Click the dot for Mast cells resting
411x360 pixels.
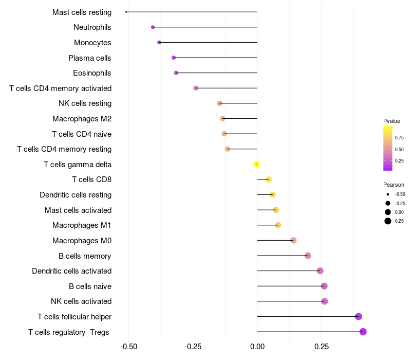coord(126,12)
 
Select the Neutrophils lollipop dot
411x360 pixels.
coord(153,27)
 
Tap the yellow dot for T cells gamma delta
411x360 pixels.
coord(257,165)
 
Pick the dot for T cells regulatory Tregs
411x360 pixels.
coord(363,332)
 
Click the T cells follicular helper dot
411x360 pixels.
coord(359,317)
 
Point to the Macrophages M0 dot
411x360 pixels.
coord(293,240)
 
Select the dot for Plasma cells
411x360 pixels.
coord(174,58)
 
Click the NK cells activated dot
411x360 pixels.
coord(324,301)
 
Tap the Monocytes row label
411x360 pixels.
coord(92,43)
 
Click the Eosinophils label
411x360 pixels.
coord(92,73)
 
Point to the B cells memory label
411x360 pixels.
coord(85,256)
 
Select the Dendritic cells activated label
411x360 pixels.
coord(71,271)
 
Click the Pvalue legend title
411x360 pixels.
coord(391,121)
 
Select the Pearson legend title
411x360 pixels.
coord(394,185)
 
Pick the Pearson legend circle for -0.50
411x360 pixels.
coord(388,194)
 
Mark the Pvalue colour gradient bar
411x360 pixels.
coord(388,148)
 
